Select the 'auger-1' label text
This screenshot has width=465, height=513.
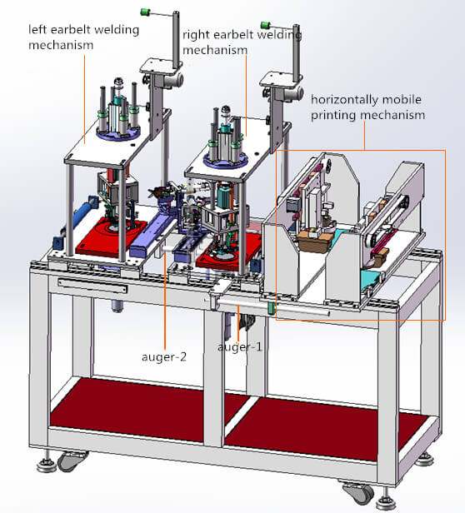(x=239, y=346)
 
